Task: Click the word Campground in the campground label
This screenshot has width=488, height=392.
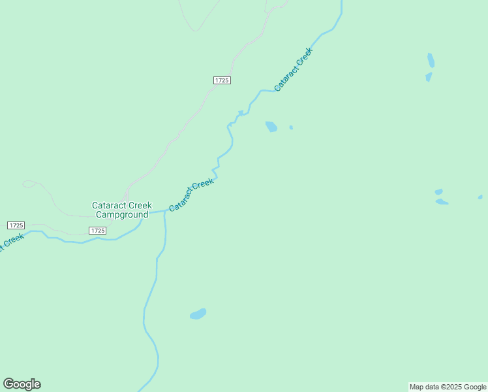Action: tap(121, 214)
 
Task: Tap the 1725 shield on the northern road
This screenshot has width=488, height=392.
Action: tap(222, 80)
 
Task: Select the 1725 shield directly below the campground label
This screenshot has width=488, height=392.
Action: tap(97, 231)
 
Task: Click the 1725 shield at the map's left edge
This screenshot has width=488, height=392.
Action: tap(16, 225)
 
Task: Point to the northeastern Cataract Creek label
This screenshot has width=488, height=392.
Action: tap(294, 69)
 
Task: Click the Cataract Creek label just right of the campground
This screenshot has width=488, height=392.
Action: tap(191, 195)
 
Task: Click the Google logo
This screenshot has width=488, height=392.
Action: tap(22, 384)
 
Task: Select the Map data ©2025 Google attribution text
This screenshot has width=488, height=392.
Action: tap(448, 387)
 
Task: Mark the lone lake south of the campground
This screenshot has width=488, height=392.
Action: tap(198, 314)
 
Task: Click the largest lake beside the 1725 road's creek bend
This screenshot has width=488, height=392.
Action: tap(271, 126)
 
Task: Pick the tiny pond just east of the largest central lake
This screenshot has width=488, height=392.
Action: tap(291, 127)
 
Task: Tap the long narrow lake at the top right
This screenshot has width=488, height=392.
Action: tap(431, 60)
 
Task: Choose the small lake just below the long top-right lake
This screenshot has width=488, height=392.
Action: tap(429, 77)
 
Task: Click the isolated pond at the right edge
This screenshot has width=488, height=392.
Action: tap(480, 197)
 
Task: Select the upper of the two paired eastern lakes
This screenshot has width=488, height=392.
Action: tap(438, 192)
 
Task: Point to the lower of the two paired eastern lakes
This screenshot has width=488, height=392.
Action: tap(442, 202)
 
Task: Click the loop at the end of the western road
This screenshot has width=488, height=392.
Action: tap(29, 184)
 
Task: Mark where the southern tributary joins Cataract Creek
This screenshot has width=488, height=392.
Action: tap(164, 211)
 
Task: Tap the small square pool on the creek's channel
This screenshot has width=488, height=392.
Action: tap(241, 113)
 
